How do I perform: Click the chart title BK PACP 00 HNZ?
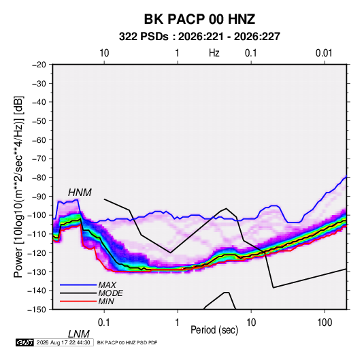[199, 19]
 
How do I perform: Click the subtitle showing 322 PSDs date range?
[199, 37]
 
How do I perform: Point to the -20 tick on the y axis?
[39, 65]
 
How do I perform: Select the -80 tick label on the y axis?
[39, 178]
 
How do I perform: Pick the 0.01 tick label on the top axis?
[324, 53]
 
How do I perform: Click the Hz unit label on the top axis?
[214, 53]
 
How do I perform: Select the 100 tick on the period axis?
[325, 323]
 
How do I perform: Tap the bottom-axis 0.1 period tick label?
[103, 323]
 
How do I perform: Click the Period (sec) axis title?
[214, 330]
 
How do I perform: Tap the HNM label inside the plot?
[80, 193]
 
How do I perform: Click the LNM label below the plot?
[78, 334]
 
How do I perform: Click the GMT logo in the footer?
[25, 342]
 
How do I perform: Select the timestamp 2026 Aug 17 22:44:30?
[63, 342]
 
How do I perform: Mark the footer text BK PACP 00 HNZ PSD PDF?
[127, 342]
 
